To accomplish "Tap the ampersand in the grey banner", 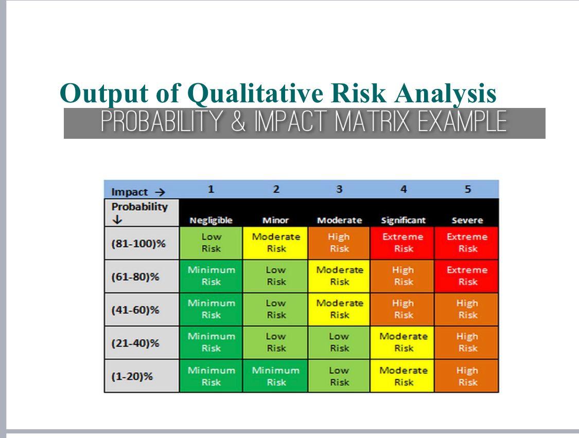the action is coord(239,121).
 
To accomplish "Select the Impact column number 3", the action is coord(339,189).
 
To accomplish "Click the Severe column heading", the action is coord(467,221).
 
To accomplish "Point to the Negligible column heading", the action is coord(211,221).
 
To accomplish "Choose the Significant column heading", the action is coord(403,221).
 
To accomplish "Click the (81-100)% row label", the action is coord(138,244).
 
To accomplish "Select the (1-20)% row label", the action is coord(132,376).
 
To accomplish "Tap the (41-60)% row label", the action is coord(135,310).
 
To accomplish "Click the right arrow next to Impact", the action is coord(160,192).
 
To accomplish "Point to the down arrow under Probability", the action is coord(117,220).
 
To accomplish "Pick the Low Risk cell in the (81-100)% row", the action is coord(211,243).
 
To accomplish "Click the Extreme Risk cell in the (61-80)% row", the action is coord(467,276).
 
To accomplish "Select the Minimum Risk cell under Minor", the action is coord(275,376).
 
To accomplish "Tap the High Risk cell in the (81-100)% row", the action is coord(339,243).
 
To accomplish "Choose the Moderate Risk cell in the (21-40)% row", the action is coord(402,342).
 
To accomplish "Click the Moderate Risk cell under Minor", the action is coord(275,243).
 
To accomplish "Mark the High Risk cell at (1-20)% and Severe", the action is coord(467,376).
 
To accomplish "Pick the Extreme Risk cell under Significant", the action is coord(402,243).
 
